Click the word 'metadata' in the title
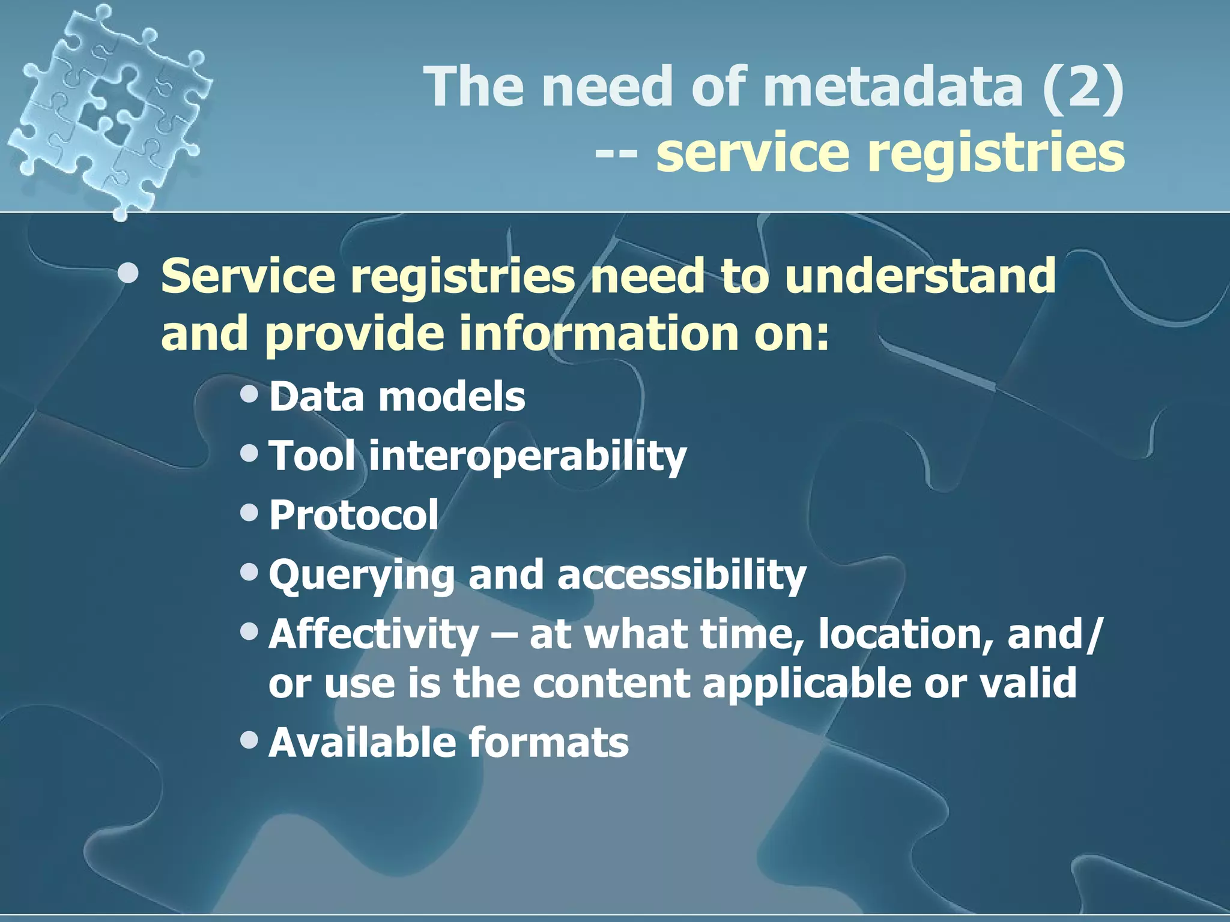click(893, 87)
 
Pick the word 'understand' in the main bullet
click(919, 276)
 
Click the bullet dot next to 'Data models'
click(249, 394)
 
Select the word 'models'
click(452, 397)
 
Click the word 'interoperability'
click(527, 456)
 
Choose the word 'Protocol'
click(354, 515)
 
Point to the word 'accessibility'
click(682, 575)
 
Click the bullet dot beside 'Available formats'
click(249, 740)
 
